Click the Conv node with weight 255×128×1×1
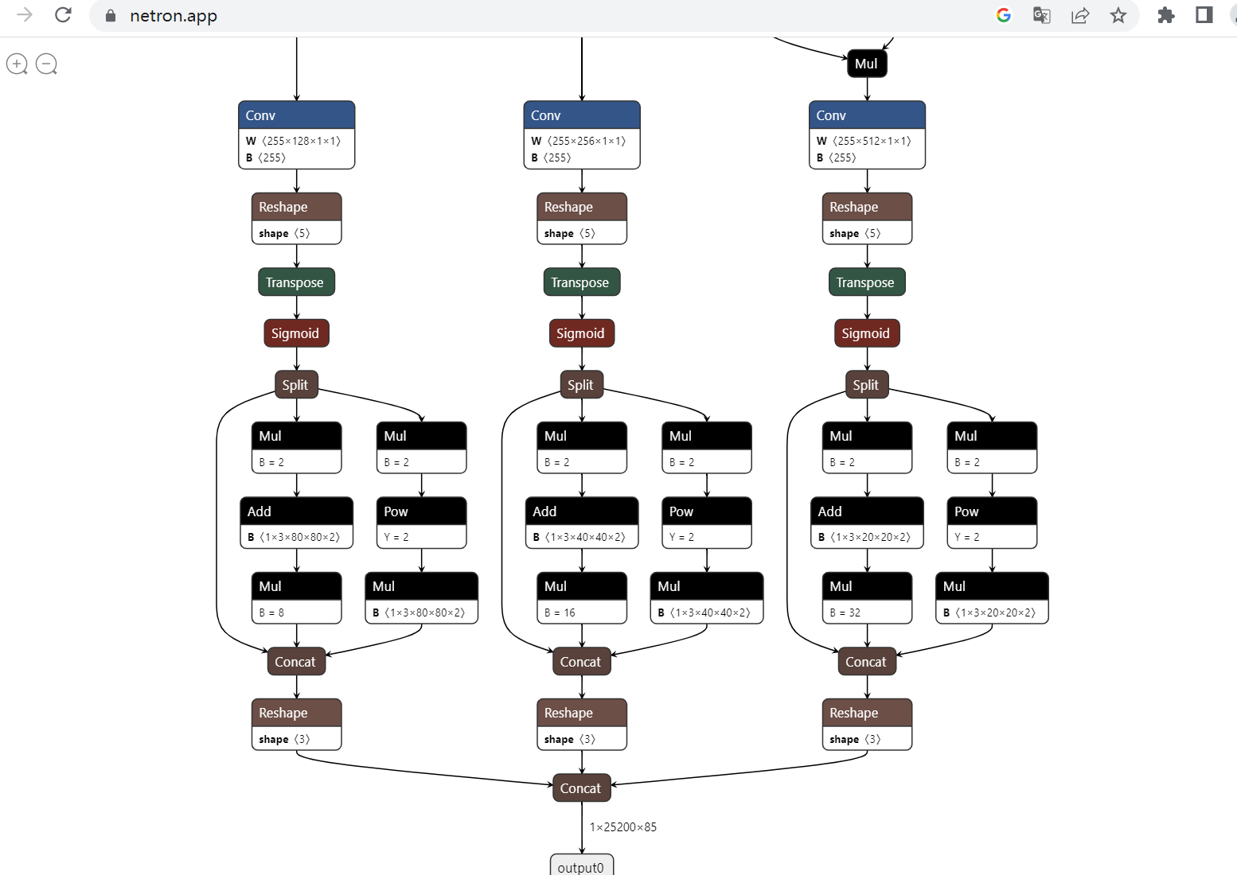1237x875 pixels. [296, 134]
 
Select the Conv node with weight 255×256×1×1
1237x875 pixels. [581, 134]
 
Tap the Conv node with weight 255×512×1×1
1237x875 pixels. [867, 134]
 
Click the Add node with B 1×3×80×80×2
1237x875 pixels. [296, 523]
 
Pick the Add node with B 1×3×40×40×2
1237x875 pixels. [581, 523]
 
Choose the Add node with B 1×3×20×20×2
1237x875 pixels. [867, 523]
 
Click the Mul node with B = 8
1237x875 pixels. [296, 597]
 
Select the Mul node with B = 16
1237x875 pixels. [581, 597]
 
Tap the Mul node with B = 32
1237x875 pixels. [867, 597]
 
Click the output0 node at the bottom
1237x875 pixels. [581, 865]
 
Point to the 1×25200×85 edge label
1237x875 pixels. [622, 827]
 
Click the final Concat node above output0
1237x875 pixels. [581, 788]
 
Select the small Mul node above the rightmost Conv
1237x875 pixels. [866, 64]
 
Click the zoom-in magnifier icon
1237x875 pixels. [17, 64]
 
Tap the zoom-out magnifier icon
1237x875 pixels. [46, 64]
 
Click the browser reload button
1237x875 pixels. [64, 15]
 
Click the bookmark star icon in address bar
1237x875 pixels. [1118, 15]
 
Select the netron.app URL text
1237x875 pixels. [174, 16]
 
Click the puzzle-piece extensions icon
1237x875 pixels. [1165, 15]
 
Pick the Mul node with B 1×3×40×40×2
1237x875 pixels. [706, 597]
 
